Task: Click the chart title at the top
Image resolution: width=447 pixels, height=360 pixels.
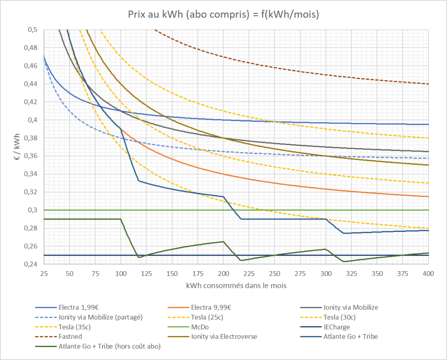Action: click(x=223, y=14)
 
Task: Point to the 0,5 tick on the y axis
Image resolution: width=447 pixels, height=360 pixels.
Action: click(x=32, y=30)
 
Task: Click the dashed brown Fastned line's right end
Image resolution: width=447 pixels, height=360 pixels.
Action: click(x=428, y=84)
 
